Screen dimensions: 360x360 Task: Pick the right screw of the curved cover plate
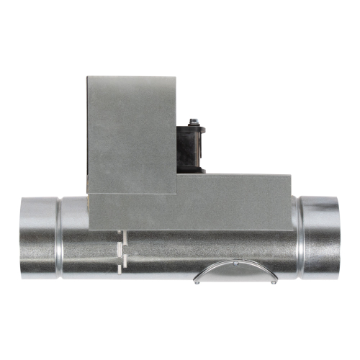pyautogui.click(x=274, y=282)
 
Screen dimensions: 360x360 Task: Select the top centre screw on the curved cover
pyautogui.click(x=235, y=264)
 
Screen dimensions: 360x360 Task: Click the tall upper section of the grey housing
pyautogui.click(x=131, y=133)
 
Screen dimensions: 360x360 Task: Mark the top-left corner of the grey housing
pyautogui.click(x=87, y=77)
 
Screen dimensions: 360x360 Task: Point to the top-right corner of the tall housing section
pyautogui.click(x=176, y=77)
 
